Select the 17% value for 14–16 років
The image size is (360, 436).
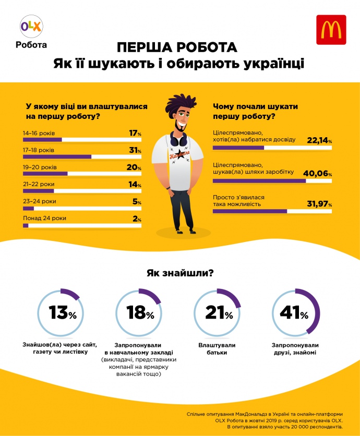(x=135, y=134)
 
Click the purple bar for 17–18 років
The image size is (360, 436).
(x=57, y=156)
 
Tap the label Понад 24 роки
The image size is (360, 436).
(x=44, y=218)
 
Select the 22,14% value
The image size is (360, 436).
(x=319, y=140)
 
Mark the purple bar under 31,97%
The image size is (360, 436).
(x=250, y=211)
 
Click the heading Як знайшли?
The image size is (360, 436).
(x=179, y=273)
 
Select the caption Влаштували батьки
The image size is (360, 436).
(x=217, y=349)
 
